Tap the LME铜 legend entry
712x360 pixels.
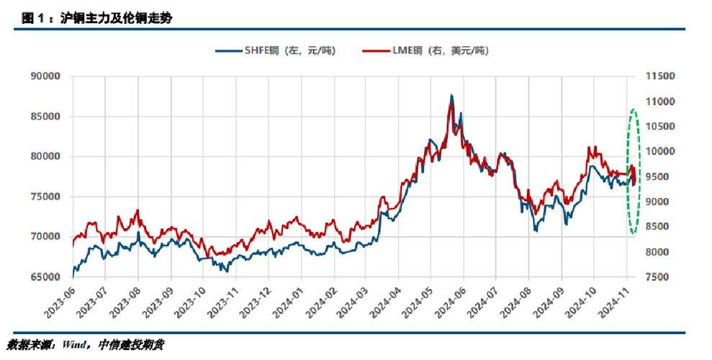coord(425,50)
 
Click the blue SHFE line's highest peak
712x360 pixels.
coord(451,95)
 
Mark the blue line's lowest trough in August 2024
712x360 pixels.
coord(536,230)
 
